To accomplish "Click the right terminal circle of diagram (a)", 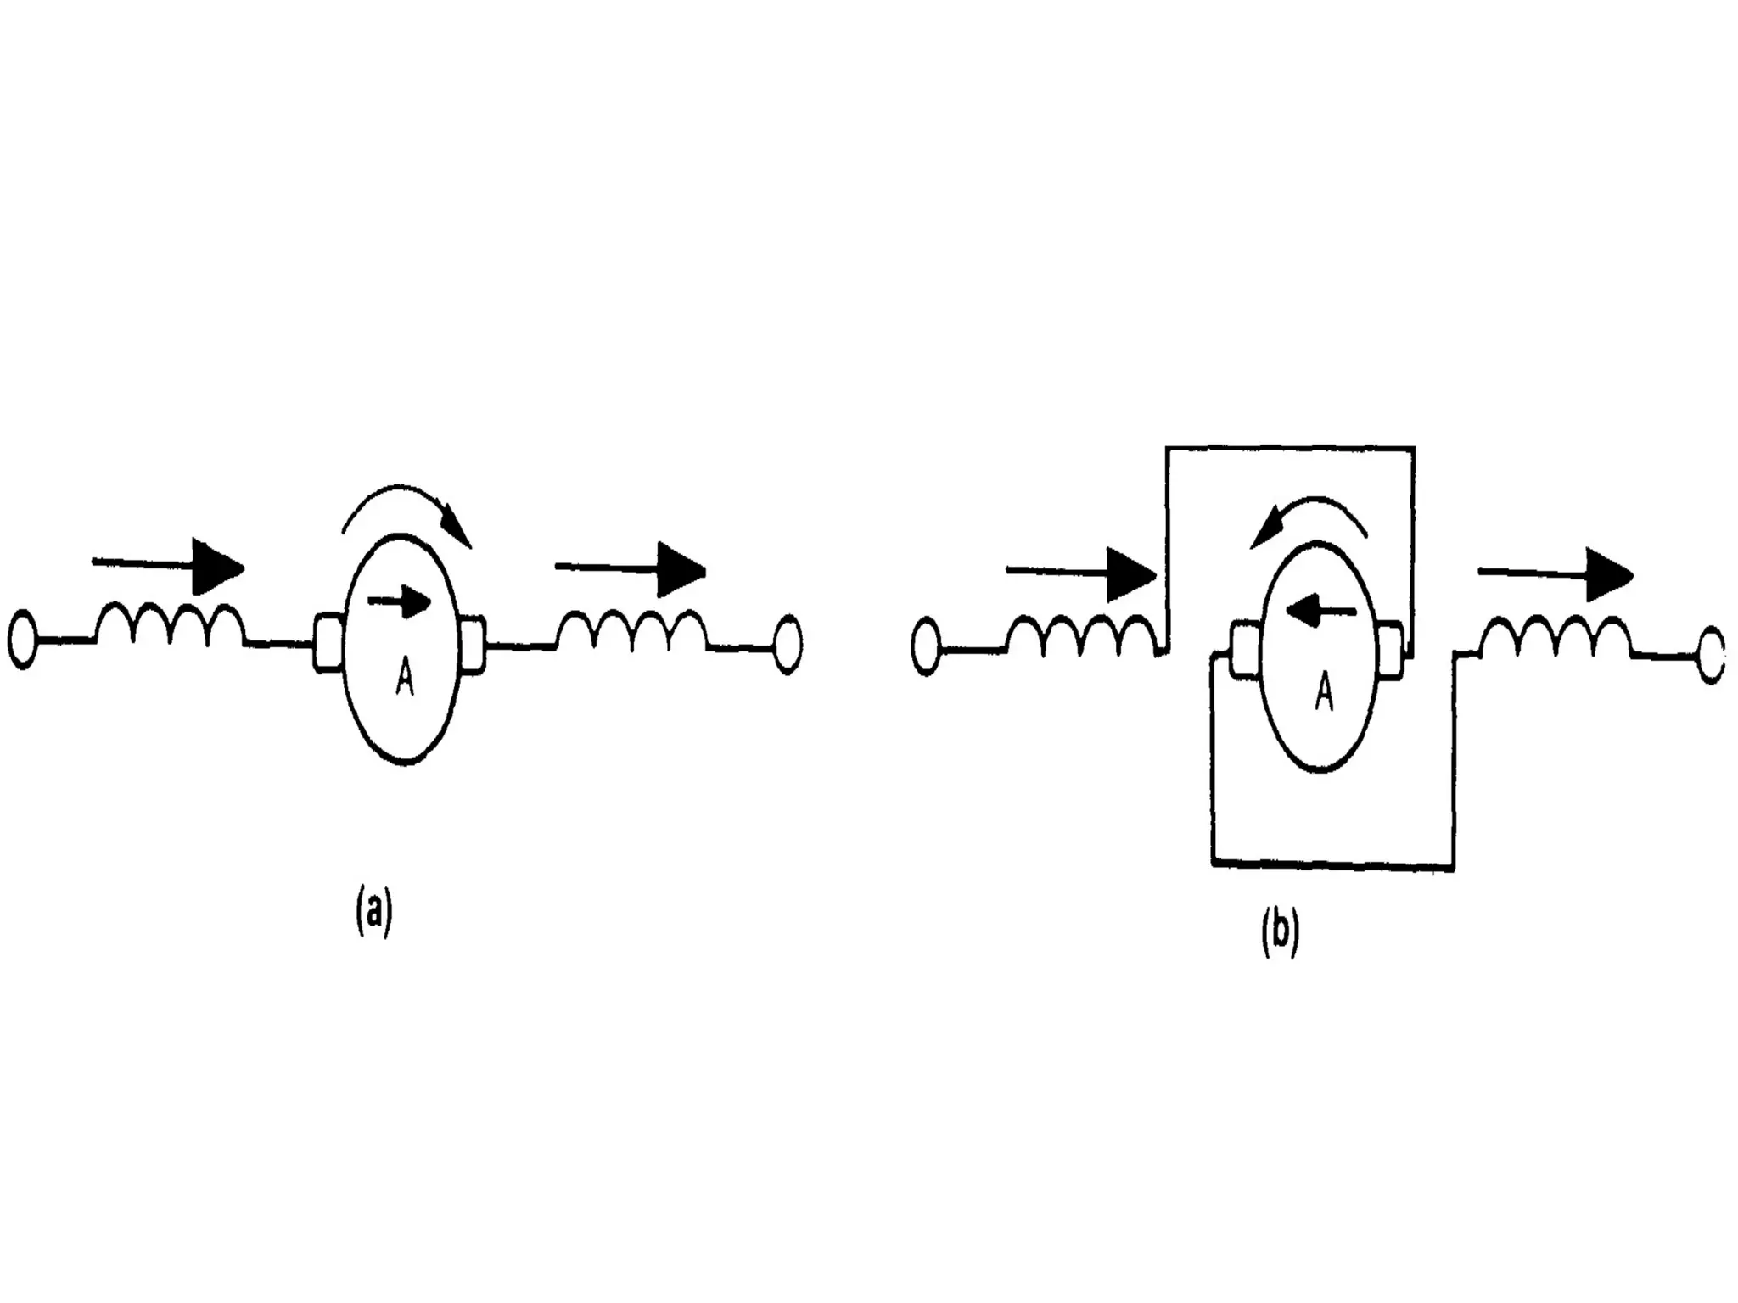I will (x=788, y=646).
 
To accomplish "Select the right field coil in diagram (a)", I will (x=631, y=630).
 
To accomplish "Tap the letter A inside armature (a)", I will (x=405, y=679).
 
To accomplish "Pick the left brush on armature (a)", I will (x=328, y=641).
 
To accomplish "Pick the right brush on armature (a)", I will (x=473, y=645).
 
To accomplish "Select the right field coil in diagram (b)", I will (x=1555, y=637).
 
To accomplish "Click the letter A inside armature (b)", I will (x=1324, y=694).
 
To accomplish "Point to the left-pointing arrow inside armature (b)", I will (x=1320, y=608).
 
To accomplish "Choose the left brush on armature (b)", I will (x=1244, y=650).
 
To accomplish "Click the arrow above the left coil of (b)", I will (x=1081, y=574).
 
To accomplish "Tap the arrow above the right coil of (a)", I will (x=631, y=569).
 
